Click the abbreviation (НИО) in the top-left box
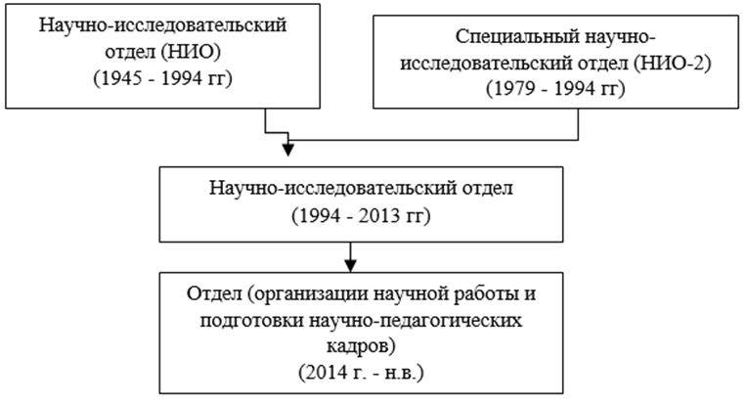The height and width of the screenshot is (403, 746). [x=191, y=52]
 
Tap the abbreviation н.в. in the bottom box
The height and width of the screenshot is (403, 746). [x=402, y=373]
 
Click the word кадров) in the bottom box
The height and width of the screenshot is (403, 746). [x=361, y=346]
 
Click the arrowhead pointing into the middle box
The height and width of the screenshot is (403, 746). [x=287, y=150]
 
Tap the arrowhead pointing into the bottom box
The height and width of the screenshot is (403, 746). [x=351, y=265]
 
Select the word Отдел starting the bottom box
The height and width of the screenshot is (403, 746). [x=214, y=294]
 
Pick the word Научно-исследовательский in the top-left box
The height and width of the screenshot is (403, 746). [x=162, y=25]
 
